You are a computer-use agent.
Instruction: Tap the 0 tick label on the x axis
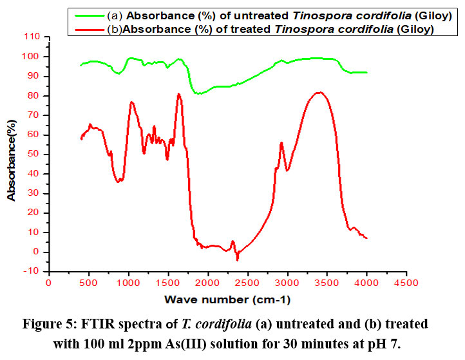tap(49, 282)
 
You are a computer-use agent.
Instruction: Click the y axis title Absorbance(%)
tap(12, 154)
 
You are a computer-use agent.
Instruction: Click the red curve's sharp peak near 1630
tap(178, 94)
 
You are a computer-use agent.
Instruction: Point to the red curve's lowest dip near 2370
tap(237, 260)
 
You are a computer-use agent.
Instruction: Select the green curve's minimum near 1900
tap(199, 93)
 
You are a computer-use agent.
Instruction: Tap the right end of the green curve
tap(366, 72)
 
